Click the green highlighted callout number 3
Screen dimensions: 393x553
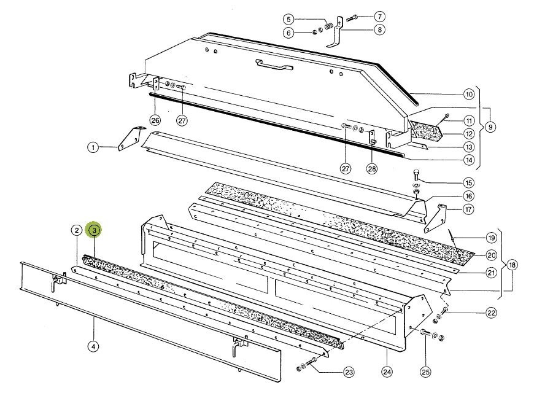[x=95, y=230]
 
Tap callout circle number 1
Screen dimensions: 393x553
[x=93, y=147]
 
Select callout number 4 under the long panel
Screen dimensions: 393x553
[x=93, y=346]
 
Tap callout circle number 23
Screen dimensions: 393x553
[x=348, y=372]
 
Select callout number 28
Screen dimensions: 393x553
[x=372, y=168]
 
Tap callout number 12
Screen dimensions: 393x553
[x=469, y=134]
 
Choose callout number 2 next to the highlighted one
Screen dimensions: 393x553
[x=76, y=230]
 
